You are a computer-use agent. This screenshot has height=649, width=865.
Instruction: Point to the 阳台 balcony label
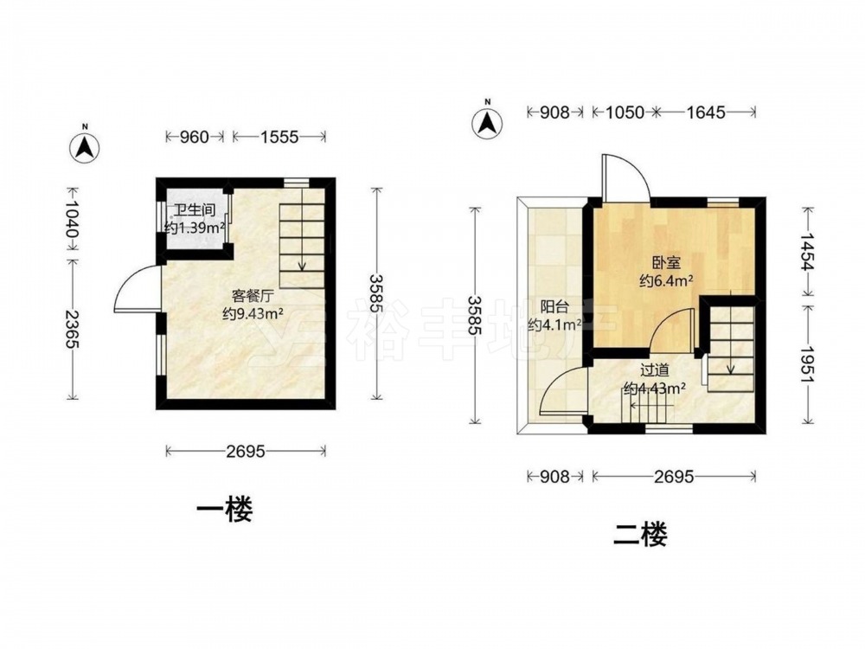[554, 307]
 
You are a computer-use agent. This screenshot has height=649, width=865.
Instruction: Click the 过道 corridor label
[655, 369]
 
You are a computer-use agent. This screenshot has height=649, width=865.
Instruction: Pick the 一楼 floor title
[225, 510]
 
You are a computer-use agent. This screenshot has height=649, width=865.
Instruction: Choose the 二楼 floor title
[640, 534]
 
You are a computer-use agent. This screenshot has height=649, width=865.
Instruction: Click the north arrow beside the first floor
[85, 146]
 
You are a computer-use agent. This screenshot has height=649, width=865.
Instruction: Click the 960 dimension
[195, 137]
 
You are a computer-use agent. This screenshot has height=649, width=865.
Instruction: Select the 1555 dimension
[279, 137]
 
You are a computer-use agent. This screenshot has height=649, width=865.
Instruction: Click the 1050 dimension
[625, 112]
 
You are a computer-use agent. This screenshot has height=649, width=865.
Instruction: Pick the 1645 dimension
[706, 112]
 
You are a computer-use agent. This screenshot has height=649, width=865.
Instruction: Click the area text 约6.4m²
[666, 281]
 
